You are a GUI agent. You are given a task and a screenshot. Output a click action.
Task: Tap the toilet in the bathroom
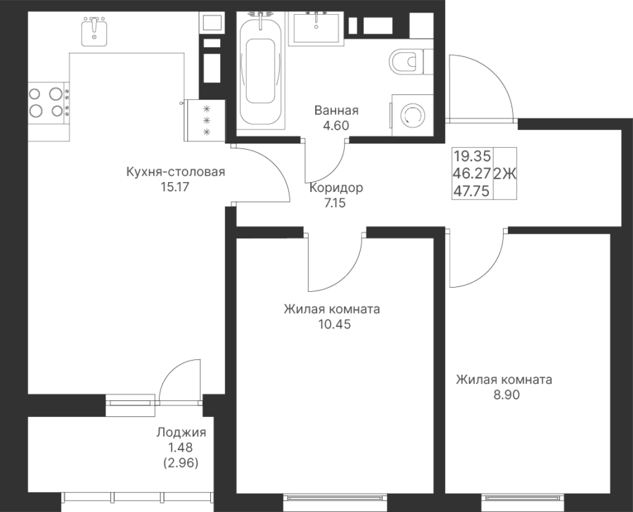coord(408,62)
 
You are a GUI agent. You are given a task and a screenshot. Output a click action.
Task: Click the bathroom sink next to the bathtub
coord(316,27)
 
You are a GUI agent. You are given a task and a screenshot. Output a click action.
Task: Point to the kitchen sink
coord(94,30)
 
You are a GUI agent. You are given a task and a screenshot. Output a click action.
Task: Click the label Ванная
coord(336,111)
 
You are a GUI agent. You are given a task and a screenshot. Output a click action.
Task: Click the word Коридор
coord(335,188)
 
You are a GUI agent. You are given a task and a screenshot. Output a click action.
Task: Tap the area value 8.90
coord(503,395)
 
